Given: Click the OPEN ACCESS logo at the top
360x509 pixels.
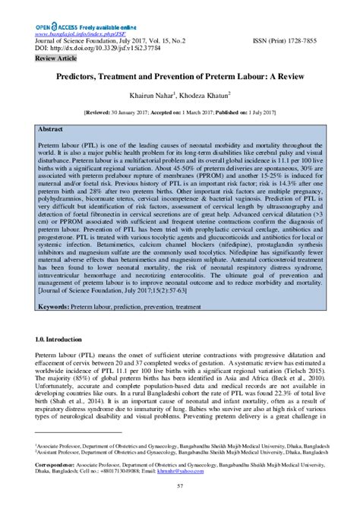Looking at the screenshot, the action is click(x=55, y=27).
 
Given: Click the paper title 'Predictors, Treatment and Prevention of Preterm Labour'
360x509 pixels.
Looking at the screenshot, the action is click(x=179, y=77).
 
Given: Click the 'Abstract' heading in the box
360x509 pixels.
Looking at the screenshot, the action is click(x=53, y=130).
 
